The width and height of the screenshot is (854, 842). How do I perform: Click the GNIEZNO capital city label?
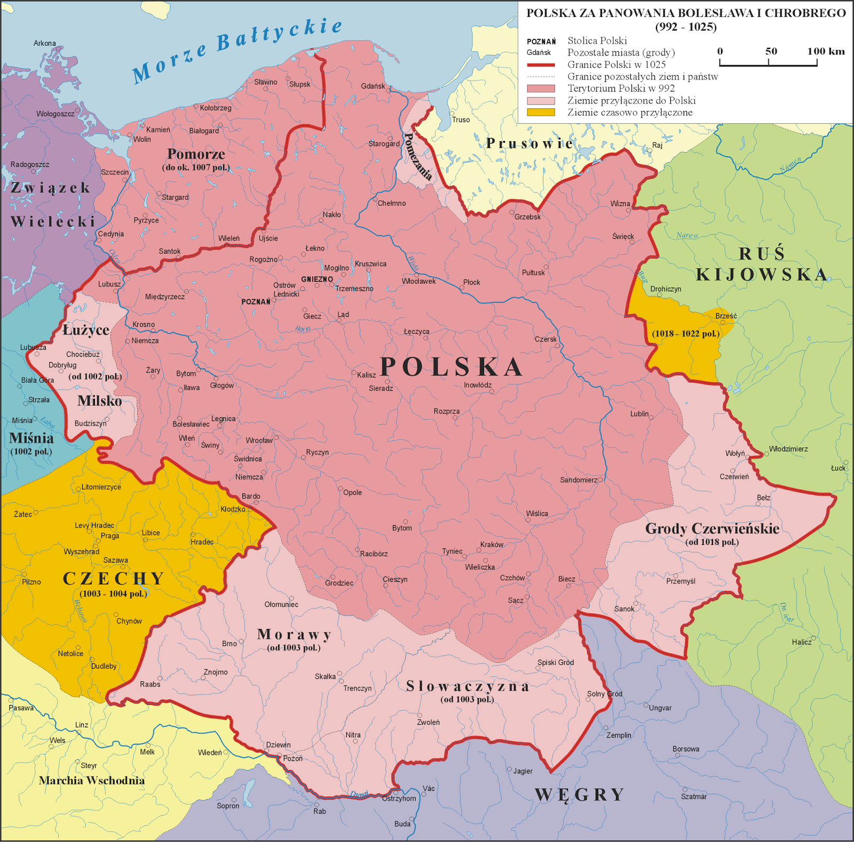[317, 279]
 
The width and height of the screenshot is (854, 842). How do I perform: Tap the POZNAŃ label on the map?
[256, 302]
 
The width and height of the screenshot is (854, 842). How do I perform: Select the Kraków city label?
[492, 544]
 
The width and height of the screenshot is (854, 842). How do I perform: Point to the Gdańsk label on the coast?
[373, 86]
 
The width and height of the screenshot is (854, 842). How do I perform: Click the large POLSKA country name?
[452, 367]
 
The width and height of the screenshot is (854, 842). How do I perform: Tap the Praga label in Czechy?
[110, 536]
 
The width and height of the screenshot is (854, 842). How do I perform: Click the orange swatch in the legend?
[541, 112]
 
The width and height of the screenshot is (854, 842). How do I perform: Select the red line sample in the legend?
[541, 65]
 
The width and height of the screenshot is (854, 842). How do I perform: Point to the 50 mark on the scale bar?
[771, 52]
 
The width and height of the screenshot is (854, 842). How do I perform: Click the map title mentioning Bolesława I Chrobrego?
[686, 19]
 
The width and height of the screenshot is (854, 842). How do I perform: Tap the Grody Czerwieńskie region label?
[712, 529]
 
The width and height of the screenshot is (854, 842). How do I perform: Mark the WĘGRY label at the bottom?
[580, 795]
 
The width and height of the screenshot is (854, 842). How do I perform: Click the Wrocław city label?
[259, 440]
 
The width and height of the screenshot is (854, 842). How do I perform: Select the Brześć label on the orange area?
[726, 316]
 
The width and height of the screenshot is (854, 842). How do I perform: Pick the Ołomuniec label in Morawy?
[281, 604]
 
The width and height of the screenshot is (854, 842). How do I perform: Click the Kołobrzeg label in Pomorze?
[216, 108]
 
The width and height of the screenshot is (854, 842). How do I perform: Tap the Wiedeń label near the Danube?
[210, 752]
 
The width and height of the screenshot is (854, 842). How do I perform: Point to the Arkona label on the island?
[44, 43]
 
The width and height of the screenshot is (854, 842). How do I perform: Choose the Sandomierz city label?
[579, 480]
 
